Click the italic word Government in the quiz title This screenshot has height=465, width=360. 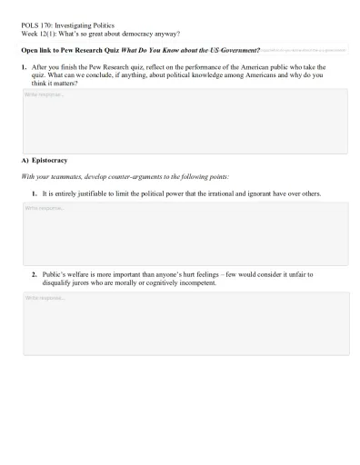pos(238,49)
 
